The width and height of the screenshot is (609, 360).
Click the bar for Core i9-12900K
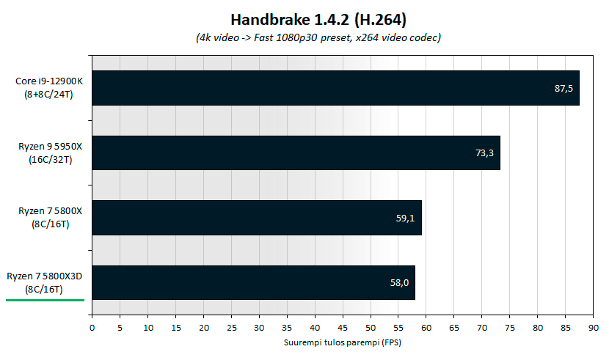[335, 88]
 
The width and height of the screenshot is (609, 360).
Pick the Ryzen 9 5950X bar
[296, 153]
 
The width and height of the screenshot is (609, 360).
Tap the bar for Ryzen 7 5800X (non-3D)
[256, 218]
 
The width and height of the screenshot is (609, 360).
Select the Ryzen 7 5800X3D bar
[253, 282]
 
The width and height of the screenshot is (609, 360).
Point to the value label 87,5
[564, 89]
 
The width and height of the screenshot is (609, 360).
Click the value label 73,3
[484, 153]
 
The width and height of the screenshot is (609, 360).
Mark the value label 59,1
[406, 218]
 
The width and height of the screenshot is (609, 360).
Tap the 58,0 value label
[399, 282]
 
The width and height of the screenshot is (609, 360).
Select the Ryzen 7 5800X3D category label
[45, 282]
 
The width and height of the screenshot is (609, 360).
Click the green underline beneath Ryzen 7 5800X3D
[45, 300]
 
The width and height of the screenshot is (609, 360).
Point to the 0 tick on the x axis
[92, 328]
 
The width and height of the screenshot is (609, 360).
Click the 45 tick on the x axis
[343, 328]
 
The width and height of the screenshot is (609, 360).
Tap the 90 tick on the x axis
[594, 328]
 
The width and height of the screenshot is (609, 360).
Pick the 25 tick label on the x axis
[231, 328]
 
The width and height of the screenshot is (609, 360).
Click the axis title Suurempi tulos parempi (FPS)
[342, 342]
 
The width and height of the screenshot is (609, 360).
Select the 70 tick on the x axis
[482, 328]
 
